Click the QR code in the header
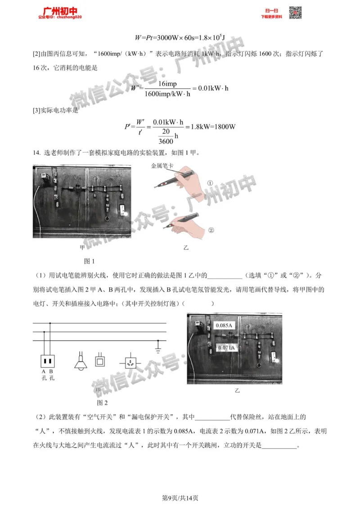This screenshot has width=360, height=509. (x=295, y=13)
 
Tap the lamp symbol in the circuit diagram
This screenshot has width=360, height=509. (x=81, y=363)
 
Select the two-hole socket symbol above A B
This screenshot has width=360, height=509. (x=47, y=360)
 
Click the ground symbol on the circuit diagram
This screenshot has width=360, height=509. (x=157, y=347)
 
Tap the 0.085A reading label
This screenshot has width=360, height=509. (x=223, y=325)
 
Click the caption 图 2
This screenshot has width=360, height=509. (x=103, y=402)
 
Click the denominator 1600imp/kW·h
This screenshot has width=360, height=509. (x=167, y=94)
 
